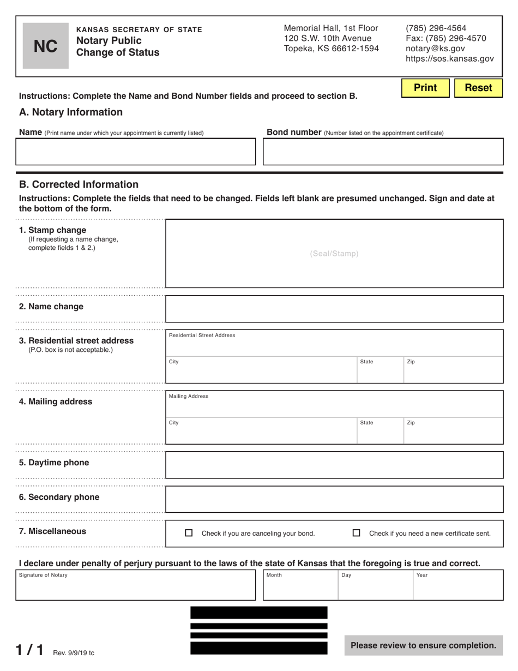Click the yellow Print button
pyautogui.click(x=425, y=88)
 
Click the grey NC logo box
pyautogui.click(x=45, y=46)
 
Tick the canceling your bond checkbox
pyautogui.click(x=189, y=533)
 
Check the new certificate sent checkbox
pyautogui.click(x=357, y=533)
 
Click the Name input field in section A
pyautogui.click(x=135, y=152)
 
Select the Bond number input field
pyautogui.click(x=383, y=152)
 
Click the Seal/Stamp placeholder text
pyautogui.click(x=334, y=254)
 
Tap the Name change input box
pyautogui.click(x=334, y=309)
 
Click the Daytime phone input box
pyautogui.click(x=334, y=465)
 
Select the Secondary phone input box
pyautogui.click(x=334, y=499)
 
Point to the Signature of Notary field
pyautogui.click(x=135, y=586)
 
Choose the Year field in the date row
pyautogui.click(x=457, y=586)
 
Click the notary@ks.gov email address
pyautogui.click(x=435, y=49)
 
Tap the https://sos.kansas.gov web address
pyautogui.click(x=450, y=59)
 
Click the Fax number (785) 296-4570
pyautogui.click(x=446, y=38)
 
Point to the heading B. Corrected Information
pyautogui.click(x=79, y=184)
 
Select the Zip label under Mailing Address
pyautogui.click(x=411, y=423)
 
